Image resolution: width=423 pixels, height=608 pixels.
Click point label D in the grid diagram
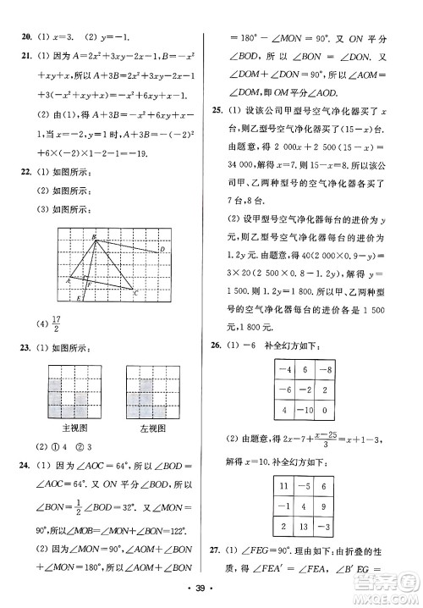coord(162,250)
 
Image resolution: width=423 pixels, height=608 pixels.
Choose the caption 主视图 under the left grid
coord(75,429)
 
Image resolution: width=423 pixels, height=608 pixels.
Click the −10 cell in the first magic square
coord(297,412)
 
